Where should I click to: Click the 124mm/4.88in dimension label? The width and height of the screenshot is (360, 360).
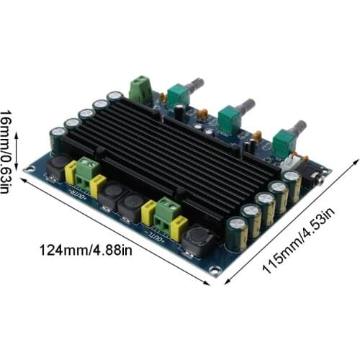tap(85, 251)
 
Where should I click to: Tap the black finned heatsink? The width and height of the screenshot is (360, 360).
tap(180, 151)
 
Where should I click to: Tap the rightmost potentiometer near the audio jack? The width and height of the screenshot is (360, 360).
tap(282, 141)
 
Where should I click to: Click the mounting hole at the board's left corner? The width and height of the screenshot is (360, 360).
tap(30, 170)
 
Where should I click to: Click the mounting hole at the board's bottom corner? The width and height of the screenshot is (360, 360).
tap(214, 271)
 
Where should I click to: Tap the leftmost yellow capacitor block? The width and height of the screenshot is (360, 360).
tap(71, 173)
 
